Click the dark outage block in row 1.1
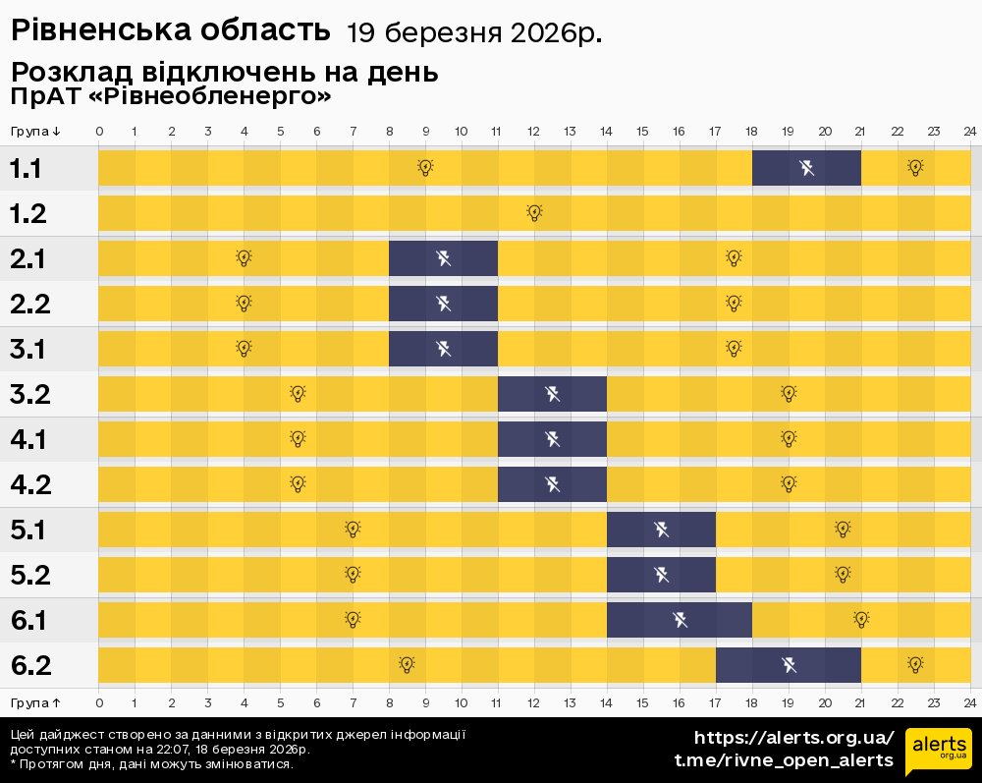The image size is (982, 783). coord(806,168)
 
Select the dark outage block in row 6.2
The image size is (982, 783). coord(789,665)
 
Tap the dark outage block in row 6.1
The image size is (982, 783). coord(680,620)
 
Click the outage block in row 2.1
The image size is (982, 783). coord(443,258)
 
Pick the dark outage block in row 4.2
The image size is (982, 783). coord(552,484)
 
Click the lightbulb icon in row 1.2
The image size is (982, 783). coord(534,212)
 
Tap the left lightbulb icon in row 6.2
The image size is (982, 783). coord(407,665)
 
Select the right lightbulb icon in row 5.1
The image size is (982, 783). coord(843,530)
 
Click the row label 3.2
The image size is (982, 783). coord(30,395)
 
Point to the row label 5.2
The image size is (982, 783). coord(30,576)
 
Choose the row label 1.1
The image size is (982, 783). coord(26,169)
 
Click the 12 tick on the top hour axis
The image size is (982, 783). coord(534,132)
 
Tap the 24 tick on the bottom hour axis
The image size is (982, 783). coord(969,702)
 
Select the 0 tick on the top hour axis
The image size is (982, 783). coord(99,132)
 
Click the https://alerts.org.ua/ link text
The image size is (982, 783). coord(793,738)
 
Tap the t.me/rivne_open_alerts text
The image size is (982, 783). coord(784,760)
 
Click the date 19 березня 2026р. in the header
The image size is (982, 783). coord(474,33)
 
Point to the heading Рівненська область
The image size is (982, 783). coord(170,30)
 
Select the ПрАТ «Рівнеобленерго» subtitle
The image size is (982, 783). coord(171,96)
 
